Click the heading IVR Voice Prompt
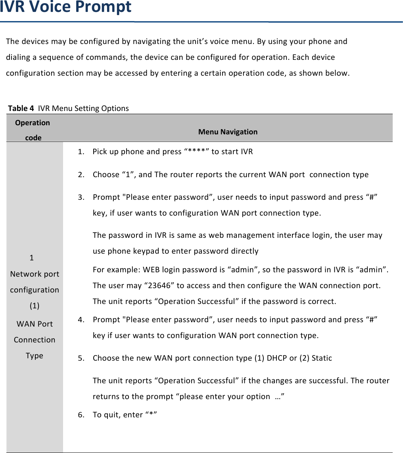coord(66,8)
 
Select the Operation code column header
coord(33,130)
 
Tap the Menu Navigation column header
coord(228,132)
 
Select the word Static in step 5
coord(322,358)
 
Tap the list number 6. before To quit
coord(81,415)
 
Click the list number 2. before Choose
coord(81,175)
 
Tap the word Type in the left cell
coord(35,356)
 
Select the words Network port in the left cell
coord(35,274)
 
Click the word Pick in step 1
coord(100,152)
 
